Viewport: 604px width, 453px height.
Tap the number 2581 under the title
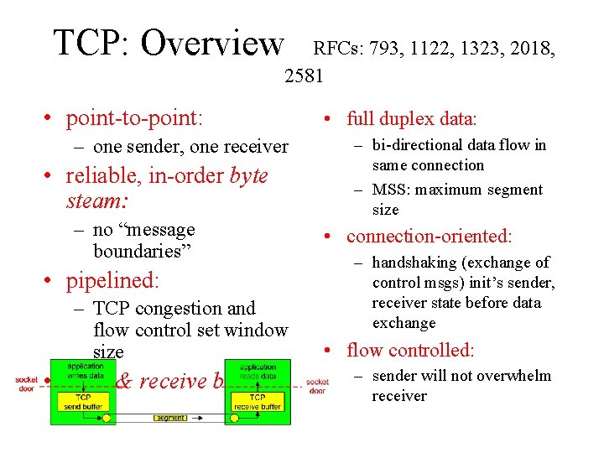(304, 76)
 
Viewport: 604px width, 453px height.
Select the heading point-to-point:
(134, 118)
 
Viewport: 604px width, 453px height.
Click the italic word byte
(248, 176)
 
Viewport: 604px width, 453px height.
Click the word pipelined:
(112, 279)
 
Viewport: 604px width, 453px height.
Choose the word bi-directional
(411, 145)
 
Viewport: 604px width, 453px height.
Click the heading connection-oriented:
(429, 237)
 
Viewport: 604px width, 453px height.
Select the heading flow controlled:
(410, 350)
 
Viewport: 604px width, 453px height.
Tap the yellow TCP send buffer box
(84, 402)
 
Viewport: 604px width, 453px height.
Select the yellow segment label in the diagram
(170, 418)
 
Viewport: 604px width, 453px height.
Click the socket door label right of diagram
(317, 386)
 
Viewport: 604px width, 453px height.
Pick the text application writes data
(86, 372)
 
